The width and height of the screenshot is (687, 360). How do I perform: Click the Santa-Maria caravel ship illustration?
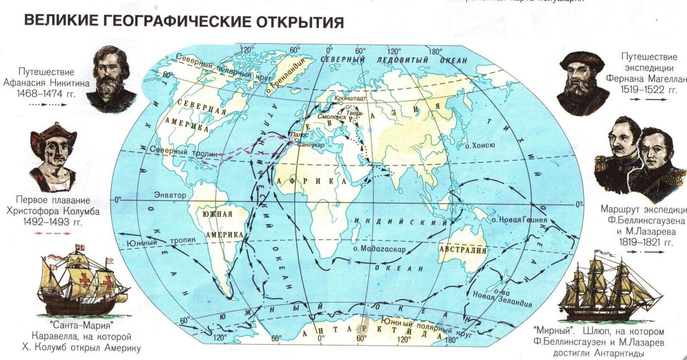click(x=78, y=283)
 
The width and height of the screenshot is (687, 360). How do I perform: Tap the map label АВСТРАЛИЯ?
click(x=463, y=250)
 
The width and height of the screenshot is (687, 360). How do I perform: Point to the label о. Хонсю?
click(x=480, y=145)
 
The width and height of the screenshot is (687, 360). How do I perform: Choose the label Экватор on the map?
click(x=170, y=196)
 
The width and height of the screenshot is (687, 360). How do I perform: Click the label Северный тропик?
click(x=177, y=151)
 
